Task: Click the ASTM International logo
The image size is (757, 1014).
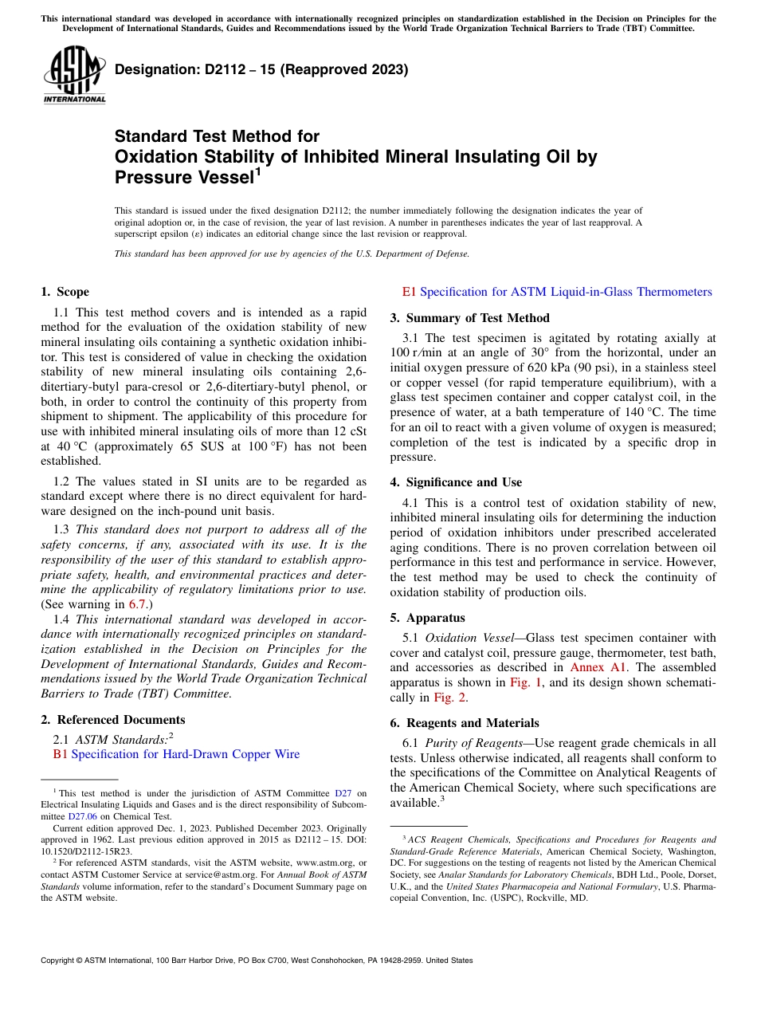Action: [x=73, y=75]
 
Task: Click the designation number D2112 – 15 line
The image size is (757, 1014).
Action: [x=261, y=69]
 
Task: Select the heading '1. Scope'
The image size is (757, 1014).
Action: [x=65, y=292]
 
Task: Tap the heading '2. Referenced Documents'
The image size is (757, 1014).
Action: [x=112, y=720]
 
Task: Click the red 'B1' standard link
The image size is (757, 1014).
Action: [x=60, y=754]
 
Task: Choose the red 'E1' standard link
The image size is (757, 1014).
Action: [x=410, y=292]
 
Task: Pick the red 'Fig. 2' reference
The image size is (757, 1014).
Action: [x=449, y=698]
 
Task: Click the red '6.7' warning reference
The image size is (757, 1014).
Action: [x=137, y=604]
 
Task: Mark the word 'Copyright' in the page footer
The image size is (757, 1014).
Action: [x=59, y=961]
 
